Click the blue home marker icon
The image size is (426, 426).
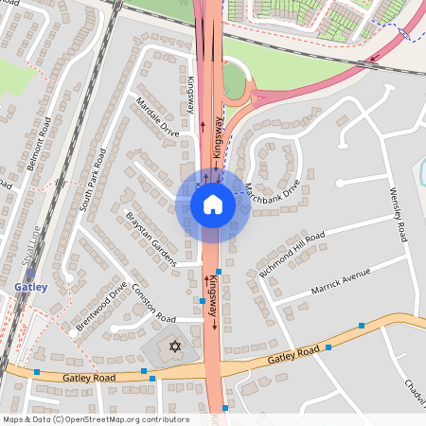click(x=213, y=204)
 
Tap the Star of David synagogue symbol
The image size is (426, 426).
click(x=173, y=348)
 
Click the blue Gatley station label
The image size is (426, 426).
click(x=29, y=285)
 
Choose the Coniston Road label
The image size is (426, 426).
click(x=153, y=303)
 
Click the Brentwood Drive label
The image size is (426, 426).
click(x=101, y=307)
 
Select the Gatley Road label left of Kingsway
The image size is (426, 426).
click(x=89, y=378)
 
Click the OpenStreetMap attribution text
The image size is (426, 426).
click(x=95, y=419)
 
